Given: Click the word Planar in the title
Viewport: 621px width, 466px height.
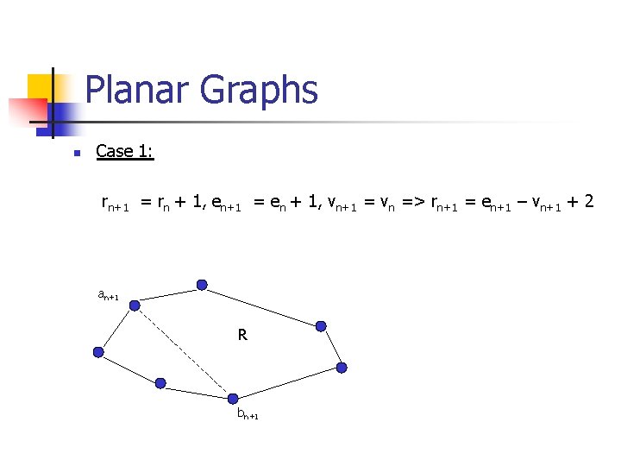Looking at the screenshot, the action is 138,90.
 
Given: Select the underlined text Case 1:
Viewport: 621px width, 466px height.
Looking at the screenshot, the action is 124,151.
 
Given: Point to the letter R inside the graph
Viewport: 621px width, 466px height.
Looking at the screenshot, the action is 243,334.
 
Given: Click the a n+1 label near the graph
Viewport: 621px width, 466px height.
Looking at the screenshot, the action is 108,295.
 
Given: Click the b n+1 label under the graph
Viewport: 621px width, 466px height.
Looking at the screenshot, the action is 248,414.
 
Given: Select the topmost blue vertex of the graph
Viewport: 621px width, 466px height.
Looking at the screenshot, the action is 202,285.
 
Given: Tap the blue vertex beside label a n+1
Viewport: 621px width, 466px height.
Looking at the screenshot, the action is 135,305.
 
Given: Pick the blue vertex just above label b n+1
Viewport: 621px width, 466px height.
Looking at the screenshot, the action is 231,397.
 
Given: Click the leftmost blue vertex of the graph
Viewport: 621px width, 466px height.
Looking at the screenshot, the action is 98,352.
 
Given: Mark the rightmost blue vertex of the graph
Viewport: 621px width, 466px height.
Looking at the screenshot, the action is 342,368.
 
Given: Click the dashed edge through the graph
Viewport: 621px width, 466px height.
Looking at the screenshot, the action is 183,351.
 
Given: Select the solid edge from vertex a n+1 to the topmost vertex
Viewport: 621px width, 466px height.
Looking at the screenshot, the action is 168,294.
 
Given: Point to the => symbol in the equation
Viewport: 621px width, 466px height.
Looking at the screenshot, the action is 412,202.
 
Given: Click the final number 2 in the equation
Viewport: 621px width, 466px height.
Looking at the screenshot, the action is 588,201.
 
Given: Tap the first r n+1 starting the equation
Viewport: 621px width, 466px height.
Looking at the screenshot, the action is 115,204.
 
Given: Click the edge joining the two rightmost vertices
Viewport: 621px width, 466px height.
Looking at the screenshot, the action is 331,347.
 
